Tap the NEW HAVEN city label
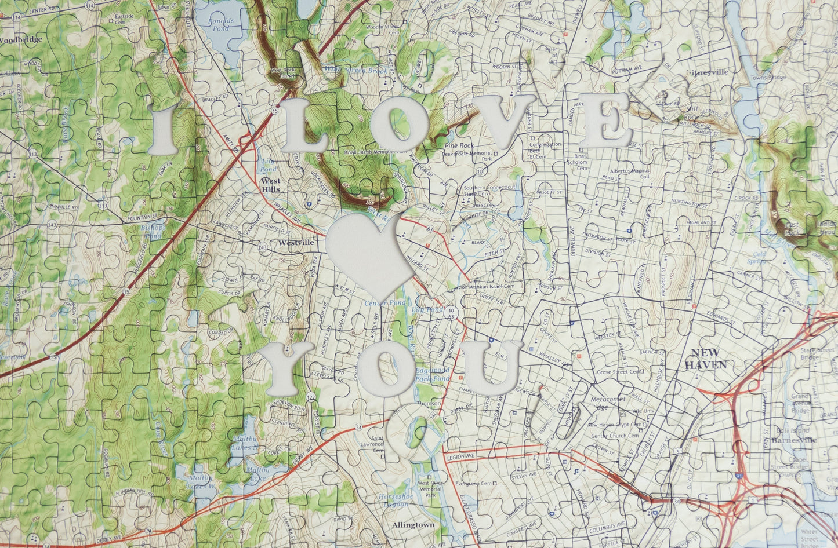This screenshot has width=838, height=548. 705,359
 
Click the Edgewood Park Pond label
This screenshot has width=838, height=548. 431,374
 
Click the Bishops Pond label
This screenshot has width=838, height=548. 153,232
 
